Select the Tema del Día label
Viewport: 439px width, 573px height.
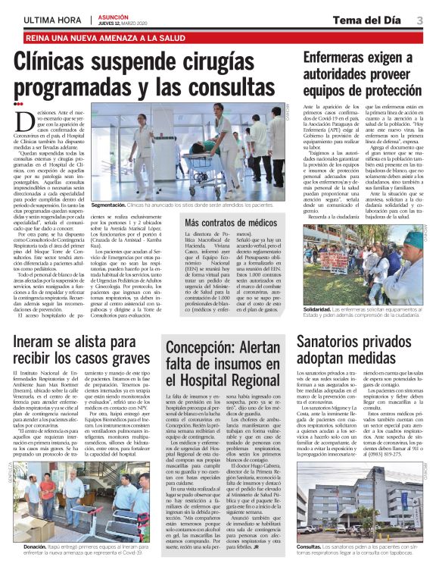375,20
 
